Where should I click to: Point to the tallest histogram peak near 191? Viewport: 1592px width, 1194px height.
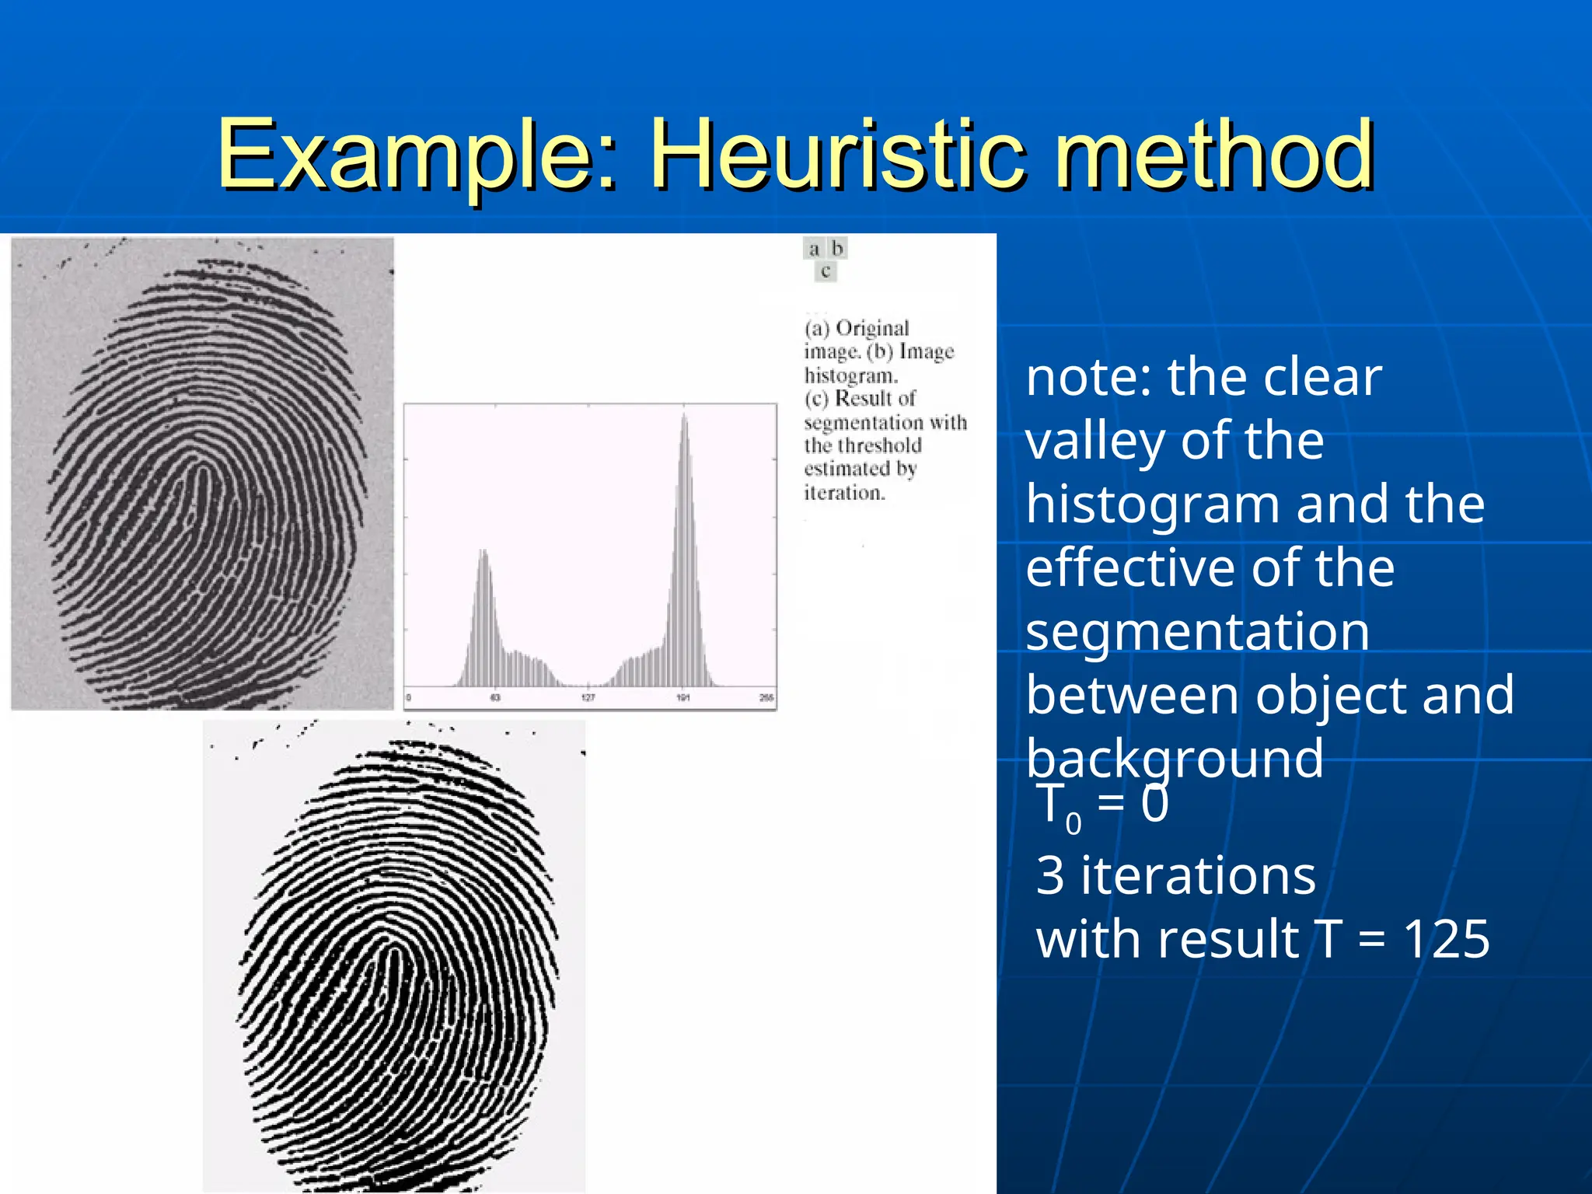684,420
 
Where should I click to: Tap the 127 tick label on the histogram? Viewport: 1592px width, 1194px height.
588,698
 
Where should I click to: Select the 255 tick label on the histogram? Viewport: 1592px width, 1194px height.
766,698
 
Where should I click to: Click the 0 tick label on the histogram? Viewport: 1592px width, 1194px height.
409,698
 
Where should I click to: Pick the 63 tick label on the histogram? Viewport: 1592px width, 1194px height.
495,698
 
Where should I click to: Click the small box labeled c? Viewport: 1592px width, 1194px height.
826,272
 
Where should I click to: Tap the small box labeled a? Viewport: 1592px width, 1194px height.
814,249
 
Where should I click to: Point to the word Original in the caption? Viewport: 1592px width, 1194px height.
872,328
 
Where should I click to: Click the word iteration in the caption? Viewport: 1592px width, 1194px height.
843,493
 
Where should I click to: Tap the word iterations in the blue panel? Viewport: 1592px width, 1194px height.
1198,876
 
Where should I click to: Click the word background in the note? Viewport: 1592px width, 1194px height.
1175,759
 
